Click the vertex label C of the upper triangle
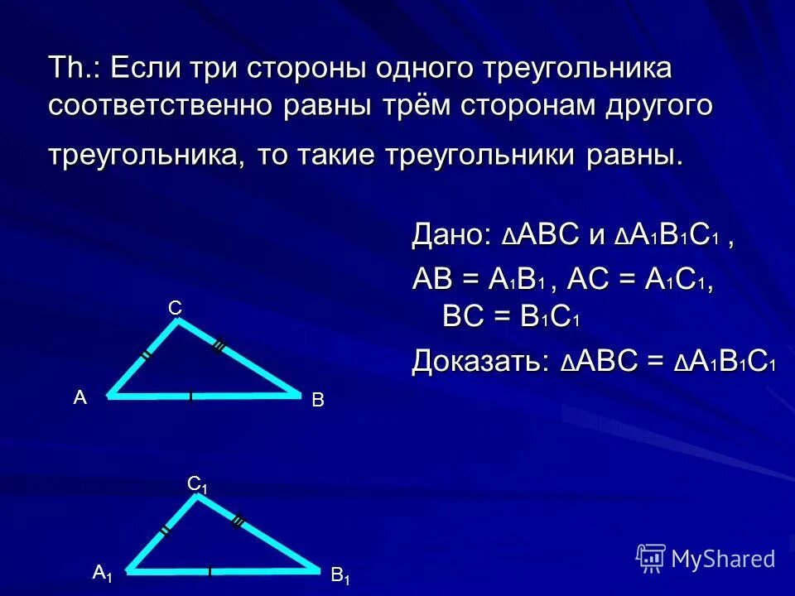click(x=175, y=308)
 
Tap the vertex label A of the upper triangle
click(x=79, y=397)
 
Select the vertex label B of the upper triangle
click(x=317, y=401)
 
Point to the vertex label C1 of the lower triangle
click(x=197, y=485)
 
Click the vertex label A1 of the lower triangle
click(x=103, y=573)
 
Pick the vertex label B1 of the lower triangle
click(x=340, y=577)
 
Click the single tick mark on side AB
click(x=190, y=397)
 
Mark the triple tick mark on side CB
click(x=219, y=348)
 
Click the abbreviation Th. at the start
click(x=73, y=69)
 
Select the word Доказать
click(x=477, y=361)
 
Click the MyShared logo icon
click(x=651, y=557)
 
